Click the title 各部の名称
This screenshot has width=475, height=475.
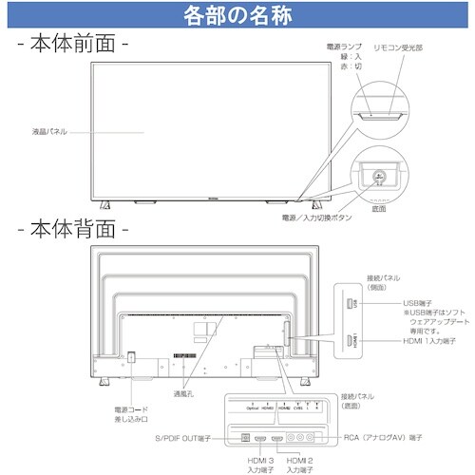[x=237, y=16]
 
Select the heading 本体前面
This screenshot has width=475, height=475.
[x=71, y=44]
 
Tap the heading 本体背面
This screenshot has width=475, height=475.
[x=71, y=229]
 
